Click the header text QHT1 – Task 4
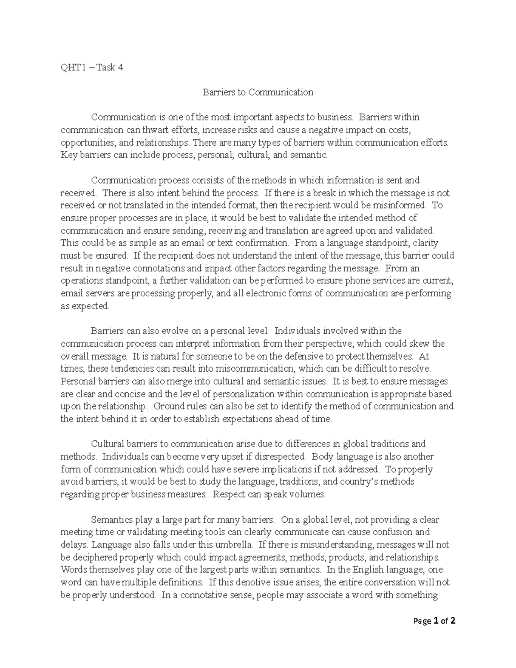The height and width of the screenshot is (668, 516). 92,67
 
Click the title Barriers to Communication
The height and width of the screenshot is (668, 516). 258,92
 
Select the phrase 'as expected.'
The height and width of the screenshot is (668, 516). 85,306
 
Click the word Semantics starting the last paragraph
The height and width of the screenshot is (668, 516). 111,520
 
